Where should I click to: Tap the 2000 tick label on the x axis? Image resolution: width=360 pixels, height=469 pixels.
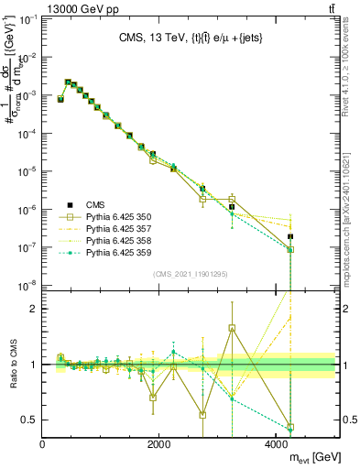click(x=160, y=444)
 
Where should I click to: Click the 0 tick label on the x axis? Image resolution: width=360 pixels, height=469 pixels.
click(x=43, y=444)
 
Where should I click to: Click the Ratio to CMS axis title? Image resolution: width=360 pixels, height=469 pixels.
click(x=13, y=364)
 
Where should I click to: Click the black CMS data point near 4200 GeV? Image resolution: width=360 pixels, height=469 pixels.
click(x=290, y=237)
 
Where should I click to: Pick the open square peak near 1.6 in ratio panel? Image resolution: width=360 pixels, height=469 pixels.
click(x=232, y=327)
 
